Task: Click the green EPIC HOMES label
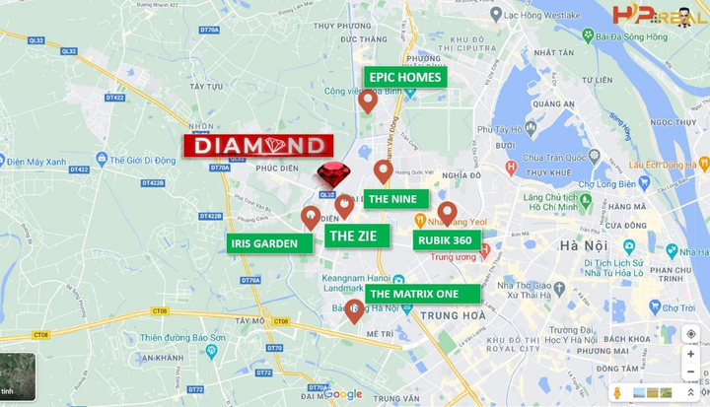pos(405,77)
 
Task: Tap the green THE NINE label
pos(395,198)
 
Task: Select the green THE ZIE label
pos(358,236)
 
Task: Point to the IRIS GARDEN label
pos(263,243)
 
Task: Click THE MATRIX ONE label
pos(422,293)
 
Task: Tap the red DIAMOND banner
pos(256,146)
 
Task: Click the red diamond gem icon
pos(334,175)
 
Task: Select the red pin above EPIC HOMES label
pos(368,101)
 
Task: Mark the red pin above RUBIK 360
pos(447,213)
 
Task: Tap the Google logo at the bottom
pos(342,394)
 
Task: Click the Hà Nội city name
pos(582,245)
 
